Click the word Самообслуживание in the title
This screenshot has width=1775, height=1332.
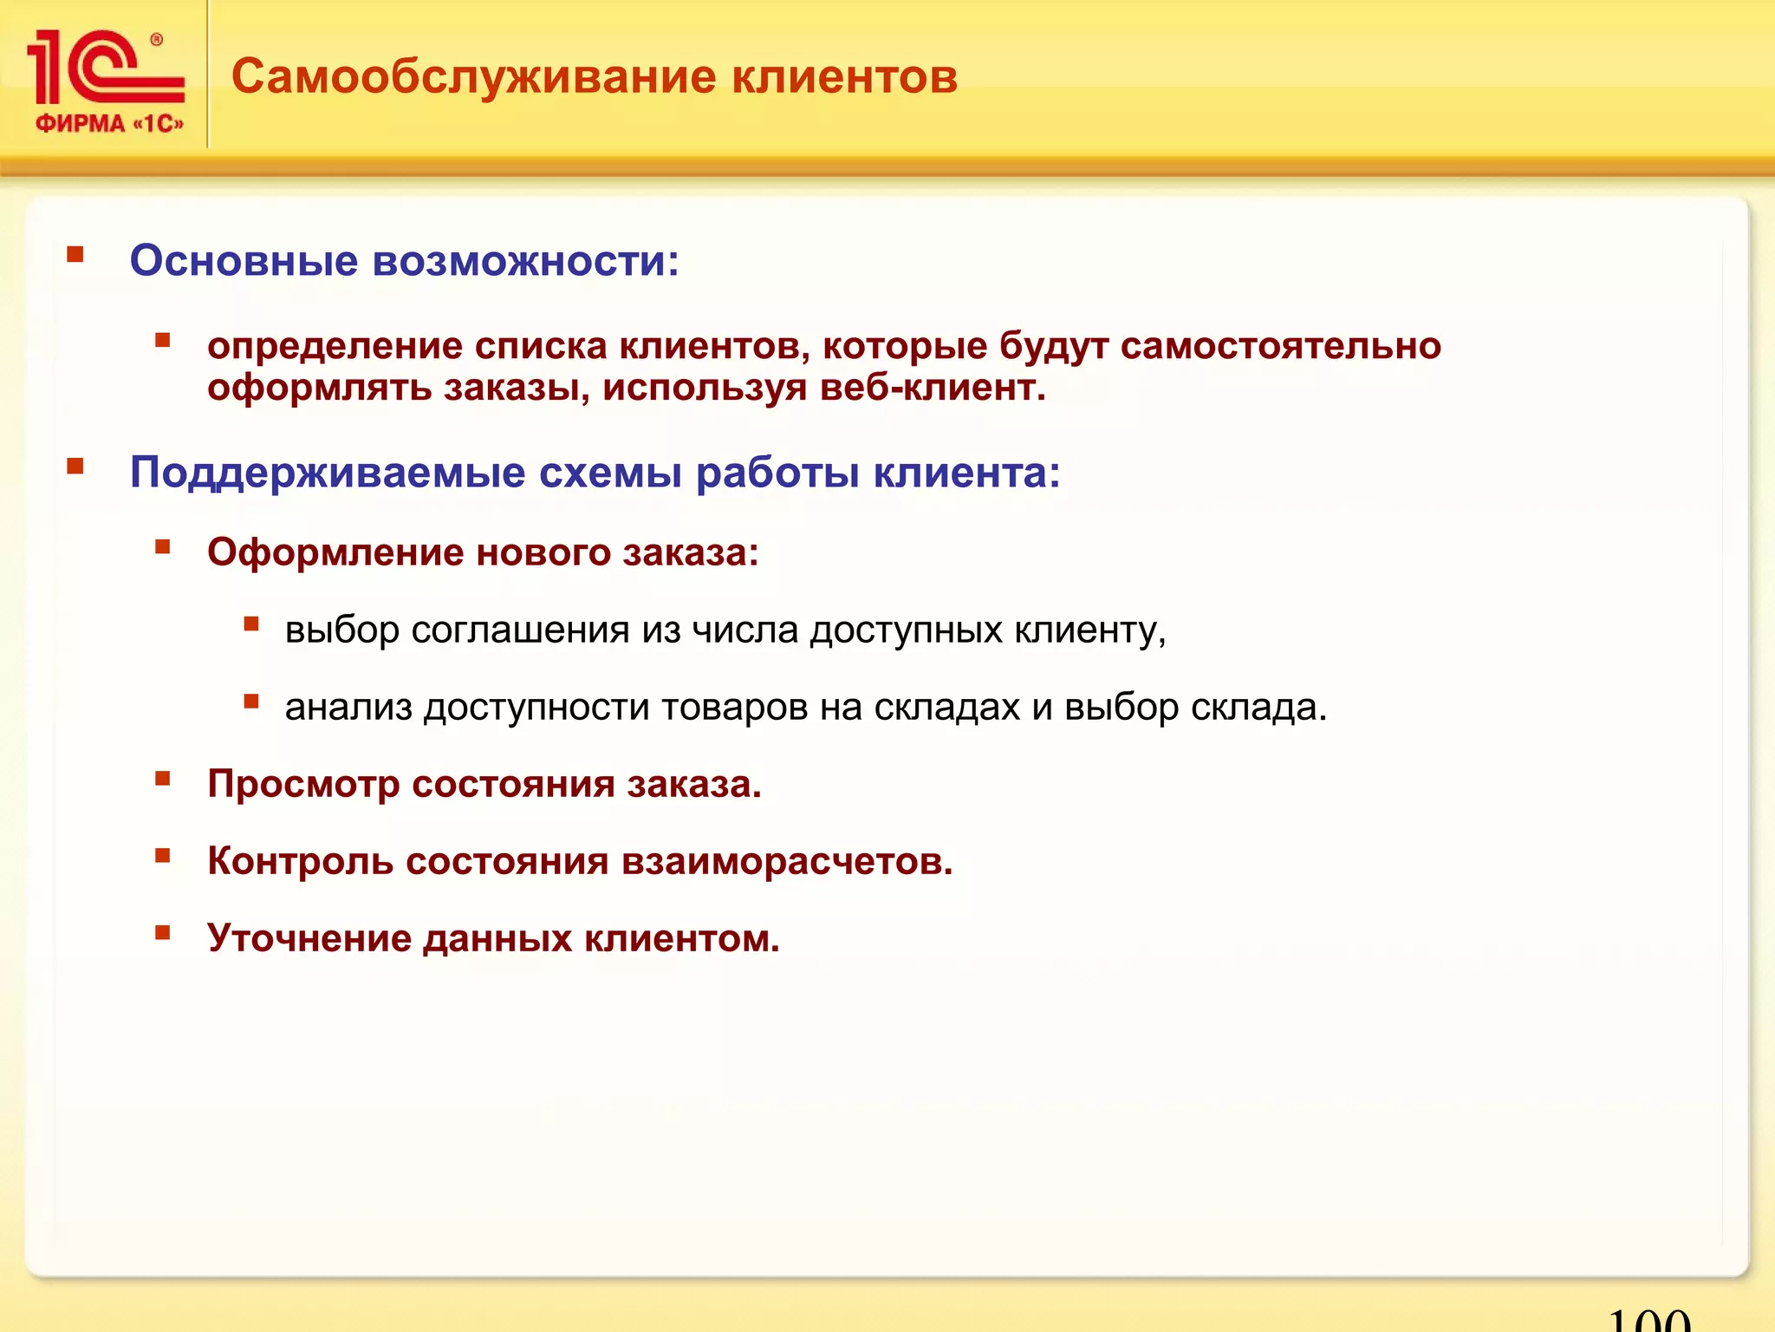(474, 77)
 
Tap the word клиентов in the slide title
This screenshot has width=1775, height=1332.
(844, 77)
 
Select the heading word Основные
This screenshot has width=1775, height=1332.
(244, 260)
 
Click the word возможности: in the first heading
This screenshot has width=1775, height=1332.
(526, 260)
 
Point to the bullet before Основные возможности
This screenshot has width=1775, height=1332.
(75, 255)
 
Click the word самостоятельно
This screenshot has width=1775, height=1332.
(1280, 346)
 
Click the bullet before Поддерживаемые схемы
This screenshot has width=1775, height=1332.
(75, 467)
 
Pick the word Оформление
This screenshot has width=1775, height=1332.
(335, 552)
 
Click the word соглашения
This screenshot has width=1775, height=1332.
(520, 630)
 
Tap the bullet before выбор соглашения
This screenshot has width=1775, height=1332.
(251, 624)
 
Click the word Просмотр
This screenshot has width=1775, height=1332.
(303, 785)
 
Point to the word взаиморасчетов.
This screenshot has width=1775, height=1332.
(786, 862)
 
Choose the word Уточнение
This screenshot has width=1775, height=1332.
(309, 939)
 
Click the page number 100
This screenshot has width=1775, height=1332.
(1648, 1319)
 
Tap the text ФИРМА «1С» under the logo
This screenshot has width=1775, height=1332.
(110, 124)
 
